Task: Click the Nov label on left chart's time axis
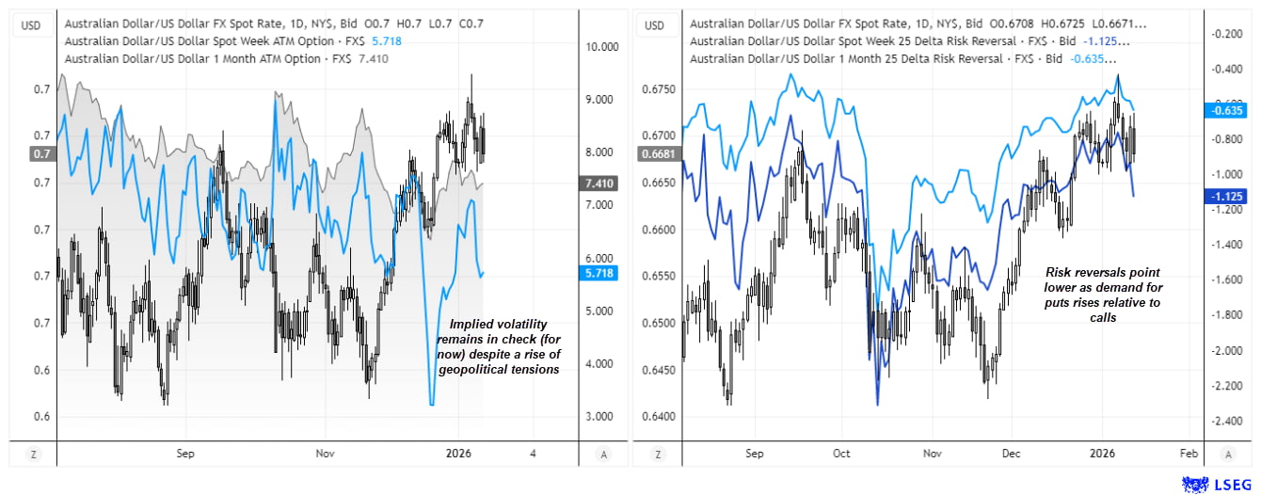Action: pos(325,454)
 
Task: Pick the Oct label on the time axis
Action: pos(841,454)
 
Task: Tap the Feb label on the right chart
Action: pos(1188,454)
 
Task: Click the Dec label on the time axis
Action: pos(1012,454)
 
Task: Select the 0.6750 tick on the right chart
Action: pos(659,89)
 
